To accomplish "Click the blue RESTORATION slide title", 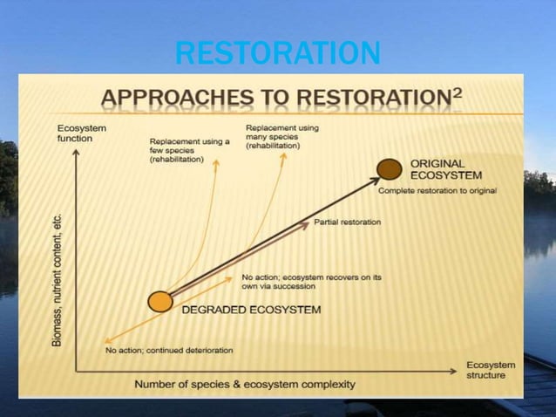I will click(277, 54).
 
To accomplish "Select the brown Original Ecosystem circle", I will click(390, 168).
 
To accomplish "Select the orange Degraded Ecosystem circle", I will click(159, 302).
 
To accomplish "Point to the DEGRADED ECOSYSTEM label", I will click(250, 310).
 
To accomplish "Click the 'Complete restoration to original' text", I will click(437, 191).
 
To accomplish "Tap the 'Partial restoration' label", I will click(347, 222).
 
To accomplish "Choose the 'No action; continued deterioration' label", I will click(169, 351).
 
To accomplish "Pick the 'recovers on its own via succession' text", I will click(311, 281).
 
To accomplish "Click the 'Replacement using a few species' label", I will click(189, 151).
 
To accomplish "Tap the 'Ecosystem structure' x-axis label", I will click(491, 370).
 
